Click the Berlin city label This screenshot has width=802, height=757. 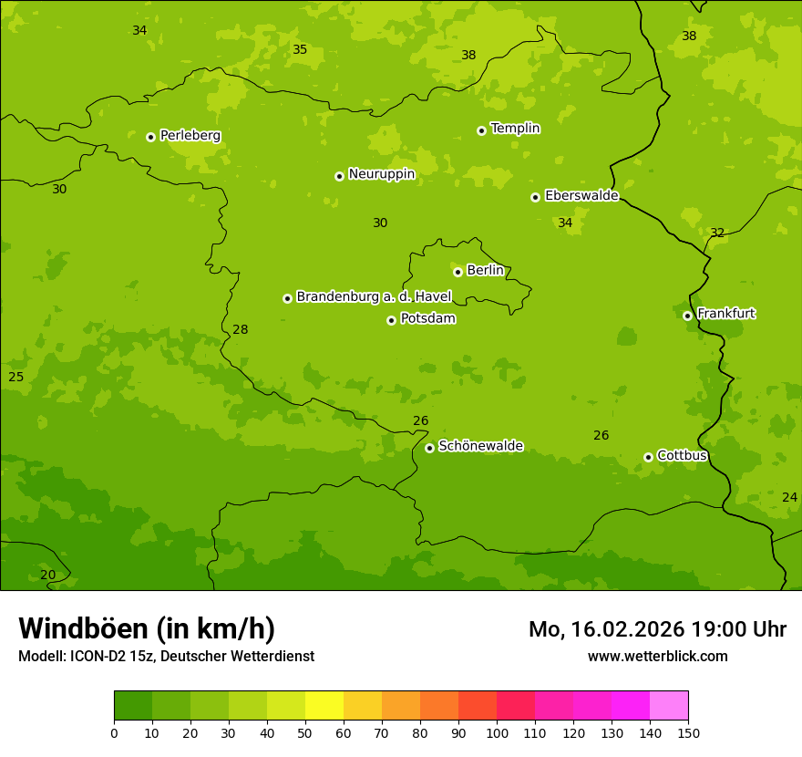tap(485, 271)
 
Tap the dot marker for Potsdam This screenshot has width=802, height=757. tap(392, 320)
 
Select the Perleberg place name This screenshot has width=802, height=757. tap(190, 136)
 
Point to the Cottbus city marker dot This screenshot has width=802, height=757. tap(649, 457)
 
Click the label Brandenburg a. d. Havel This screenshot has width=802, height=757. tap(374, 297)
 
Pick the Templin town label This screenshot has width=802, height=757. tap(515, 129)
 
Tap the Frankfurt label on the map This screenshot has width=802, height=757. tap(725, 314)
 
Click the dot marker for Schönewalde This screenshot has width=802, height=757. tap(430, 448)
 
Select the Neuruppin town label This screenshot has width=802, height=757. tap(381, 174)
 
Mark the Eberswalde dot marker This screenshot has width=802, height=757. tap(536, 197)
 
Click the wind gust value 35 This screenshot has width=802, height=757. tap(300, 49)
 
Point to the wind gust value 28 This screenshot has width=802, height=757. tap(241, 329)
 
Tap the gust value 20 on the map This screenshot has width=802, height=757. tap(47, 575)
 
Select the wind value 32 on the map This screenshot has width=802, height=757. tap(717, 233)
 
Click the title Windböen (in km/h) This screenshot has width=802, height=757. tap(147, 628)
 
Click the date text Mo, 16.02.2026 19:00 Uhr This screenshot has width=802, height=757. tap(657, 629)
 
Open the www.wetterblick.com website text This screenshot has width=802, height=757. tap(657, 657)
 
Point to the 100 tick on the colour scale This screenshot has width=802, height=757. tap(497, 732)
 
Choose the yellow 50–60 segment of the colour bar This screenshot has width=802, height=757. tap(324, 706)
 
